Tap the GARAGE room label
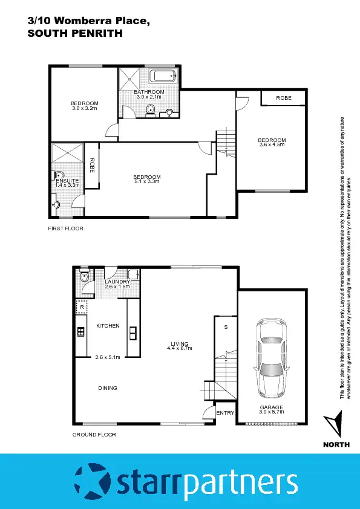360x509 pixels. point(272,407)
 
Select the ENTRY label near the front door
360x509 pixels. point(225,413)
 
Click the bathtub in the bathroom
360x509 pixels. point(163,77)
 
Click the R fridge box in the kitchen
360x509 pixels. point(81,307)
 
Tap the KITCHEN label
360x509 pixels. point(108,326)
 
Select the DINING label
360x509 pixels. point(108,388)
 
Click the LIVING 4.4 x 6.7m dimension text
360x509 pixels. point(180,348)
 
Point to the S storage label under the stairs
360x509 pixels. point(226,327)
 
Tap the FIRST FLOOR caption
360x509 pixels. point(66,229)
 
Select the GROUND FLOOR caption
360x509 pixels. point(94,435)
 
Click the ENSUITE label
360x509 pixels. point(65,180)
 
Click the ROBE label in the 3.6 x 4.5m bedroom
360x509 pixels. point(283,97)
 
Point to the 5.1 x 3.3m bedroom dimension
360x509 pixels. point(147,181)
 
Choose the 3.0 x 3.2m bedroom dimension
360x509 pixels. point(85,108)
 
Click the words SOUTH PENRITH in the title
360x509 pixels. point(75,34)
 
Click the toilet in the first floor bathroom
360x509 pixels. point(151,109)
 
